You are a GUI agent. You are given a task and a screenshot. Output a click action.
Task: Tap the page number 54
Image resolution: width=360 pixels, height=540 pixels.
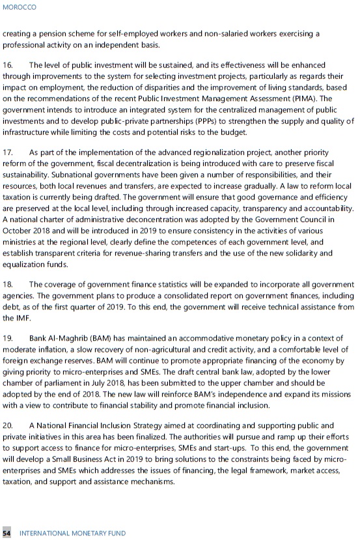pyautogui.click(x=7, y=533)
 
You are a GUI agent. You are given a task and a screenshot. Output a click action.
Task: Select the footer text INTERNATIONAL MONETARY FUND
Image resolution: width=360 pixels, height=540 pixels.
pyautogui.click(x=73, y=533)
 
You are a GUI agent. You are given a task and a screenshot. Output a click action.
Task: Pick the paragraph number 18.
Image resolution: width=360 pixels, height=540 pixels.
pyautogui.click(x=8, y=285)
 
